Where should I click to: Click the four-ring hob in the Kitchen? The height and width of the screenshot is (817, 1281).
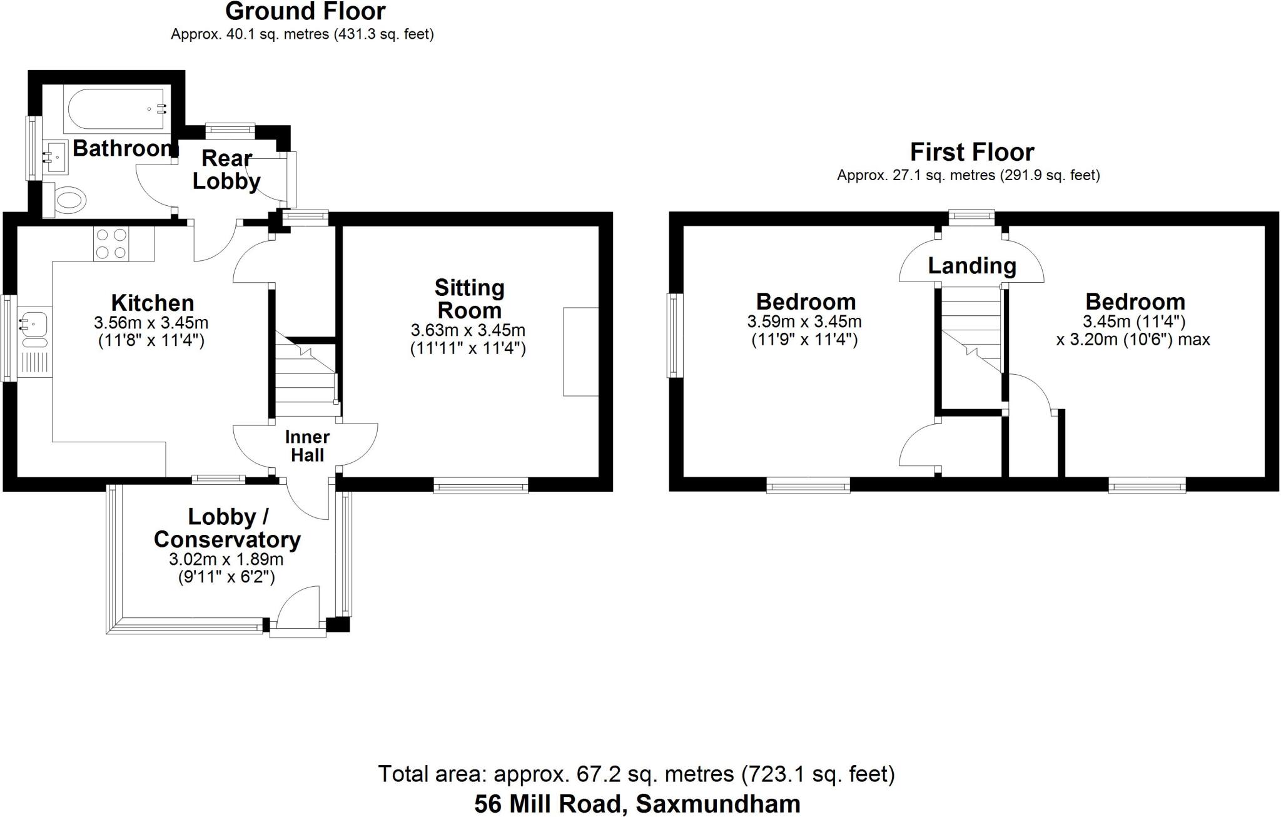tap(111, 243)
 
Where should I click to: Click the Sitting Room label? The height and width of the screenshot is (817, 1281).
tap(469, 299)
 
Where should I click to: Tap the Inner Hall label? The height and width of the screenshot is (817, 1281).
tap(307, 446)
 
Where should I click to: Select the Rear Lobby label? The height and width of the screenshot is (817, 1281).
tap(226, 169)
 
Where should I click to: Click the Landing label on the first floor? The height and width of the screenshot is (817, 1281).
tap(972, 266)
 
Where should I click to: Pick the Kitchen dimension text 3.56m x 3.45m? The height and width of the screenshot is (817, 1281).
tap(151, 323)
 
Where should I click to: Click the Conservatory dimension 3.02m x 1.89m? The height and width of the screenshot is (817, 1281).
tap(226, 559)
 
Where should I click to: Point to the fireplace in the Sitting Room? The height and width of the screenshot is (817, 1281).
tap(581, 351)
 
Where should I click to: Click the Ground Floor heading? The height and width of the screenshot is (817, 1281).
tap(305, 11)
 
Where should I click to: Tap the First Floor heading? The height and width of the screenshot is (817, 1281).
tap(972, 152)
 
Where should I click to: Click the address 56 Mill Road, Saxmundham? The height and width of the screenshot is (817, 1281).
tap(637, 804)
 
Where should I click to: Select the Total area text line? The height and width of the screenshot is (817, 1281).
tap(637, 774)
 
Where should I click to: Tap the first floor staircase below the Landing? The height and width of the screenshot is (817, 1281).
tap(971, 328)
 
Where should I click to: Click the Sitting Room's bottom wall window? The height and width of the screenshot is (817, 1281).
tap(481, 485)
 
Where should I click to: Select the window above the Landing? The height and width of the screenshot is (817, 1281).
tap(971, 218)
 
